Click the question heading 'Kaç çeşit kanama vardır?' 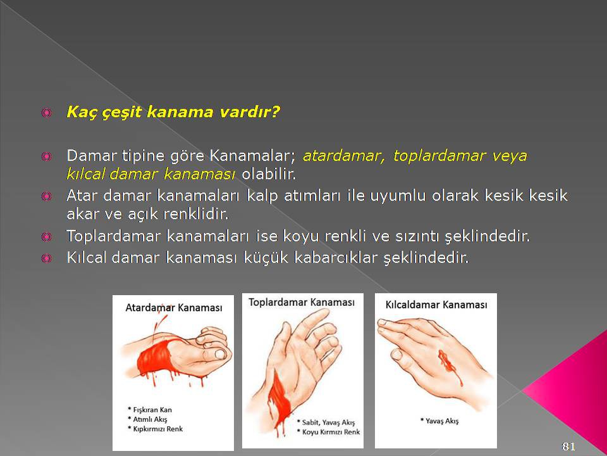[x=173, y=113]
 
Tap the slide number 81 [x=568, y=446]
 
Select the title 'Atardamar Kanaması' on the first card [x=174, y=308]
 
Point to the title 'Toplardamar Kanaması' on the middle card [x=302, y=302]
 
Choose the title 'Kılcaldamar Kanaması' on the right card [x=436, y=305]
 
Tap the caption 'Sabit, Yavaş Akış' [x=328, y=422]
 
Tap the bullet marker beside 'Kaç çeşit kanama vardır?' [x=46, y=113]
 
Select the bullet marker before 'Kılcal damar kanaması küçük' [x=46, y=258]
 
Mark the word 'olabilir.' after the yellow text [x=269, y=174]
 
